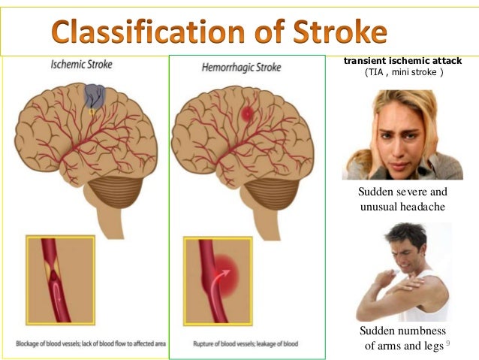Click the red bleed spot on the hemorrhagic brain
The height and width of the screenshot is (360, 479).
pyautogui.click(x=247, y=113)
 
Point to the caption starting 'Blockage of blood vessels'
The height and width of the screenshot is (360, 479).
pyautogui.click(x=90, y=344)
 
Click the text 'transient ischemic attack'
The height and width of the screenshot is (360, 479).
pyautogui.click(x=402, y=60)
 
